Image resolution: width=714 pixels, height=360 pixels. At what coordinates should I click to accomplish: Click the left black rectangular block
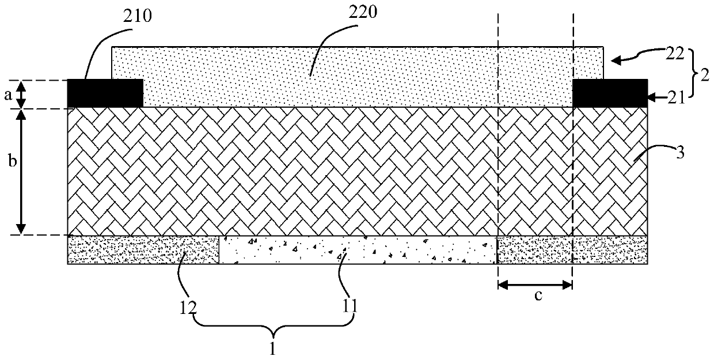[105, 93]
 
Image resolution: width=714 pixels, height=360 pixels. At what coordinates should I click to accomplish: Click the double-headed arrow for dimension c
[535, 284]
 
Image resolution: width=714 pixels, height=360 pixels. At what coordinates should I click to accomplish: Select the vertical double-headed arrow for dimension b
[21, 172]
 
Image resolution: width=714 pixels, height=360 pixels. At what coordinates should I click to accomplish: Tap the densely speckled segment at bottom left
[143, 250]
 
